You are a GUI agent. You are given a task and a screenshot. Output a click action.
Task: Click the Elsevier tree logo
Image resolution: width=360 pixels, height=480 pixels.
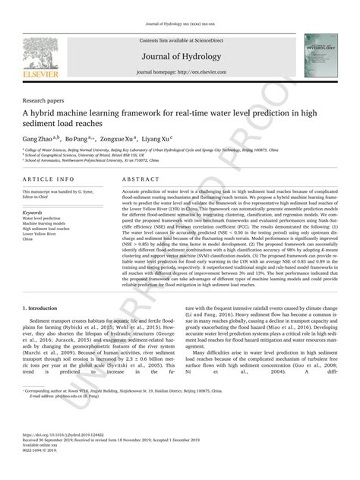(x=39, y=53)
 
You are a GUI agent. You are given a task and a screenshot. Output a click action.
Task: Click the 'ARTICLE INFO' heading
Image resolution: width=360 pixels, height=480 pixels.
(x=49, y=179)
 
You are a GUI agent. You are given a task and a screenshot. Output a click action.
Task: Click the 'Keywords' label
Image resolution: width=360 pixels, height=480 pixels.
(x=33, y=213)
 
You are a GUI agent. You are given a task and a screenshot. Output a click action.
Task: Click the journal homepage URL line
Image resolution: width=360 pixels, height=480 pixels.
(x=180, y=71)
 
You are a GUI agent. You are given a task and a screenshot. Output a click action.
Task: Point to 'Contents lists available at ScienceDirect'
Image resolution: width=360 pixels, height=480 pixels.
(x=180, y=40)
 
